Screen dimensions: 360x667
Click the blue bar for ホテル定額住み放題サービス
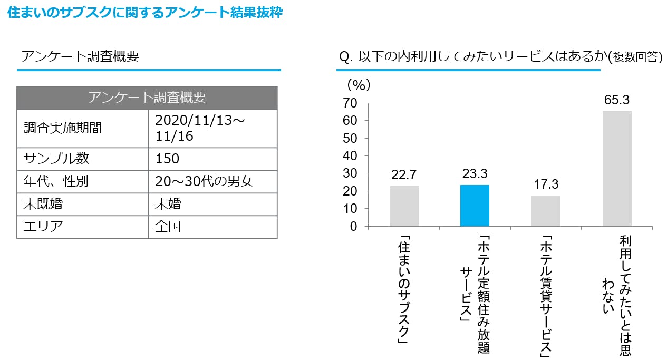[475, 206]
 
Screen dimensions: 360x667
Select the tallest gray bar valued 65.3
[617, 169]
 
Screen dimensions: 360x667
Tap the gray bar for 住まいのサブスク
[404, 206]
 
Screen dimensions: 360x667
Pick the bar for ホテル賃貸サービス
[546, 211]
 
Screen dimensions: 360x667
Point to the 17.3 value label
[546, 185]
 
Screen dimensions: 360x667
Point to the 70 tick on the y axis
[350, 103]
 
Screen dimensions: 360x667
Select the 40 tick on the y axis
[350, 156]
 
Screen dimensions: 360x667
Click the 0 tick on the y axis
[353, 227]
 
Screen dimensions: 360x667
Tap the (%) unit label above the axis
[359, 84]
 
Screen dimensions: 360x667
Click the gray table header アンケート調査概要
[147, 98]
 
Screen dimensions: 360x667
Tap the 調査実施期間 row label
[63, 128]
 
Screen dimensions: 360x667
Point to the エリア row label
[43, 227]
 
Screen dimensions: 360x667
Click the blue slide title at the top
[145, 13]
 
